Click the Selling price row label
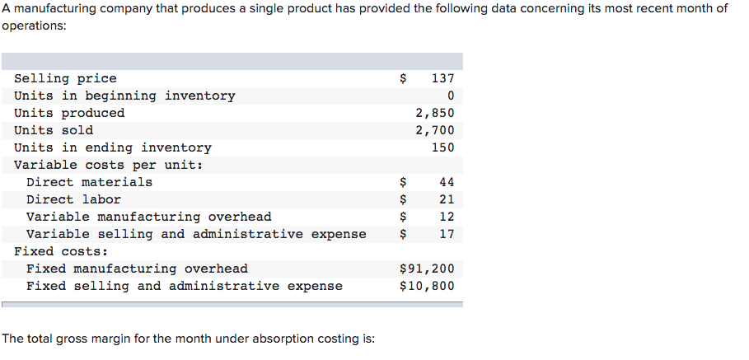(65, 78)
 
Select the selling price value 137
(442, 78)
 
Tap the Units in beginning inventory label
(124, 96)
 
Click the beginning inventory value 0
(450, 96)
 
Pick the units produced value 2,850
(434, 113)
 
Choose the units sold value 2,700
(434, 130)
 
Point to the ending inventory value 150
(442, 147)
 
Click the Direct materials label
(89, 182)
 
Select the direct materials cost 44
(447, 182)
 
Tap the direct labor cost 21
(447, 199)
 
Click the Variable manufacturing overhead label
(148, 217)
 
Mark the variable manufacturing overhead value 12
(447, 217)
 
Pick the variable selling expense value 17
(447, 234)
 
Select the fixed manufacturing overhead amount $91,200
(426, 269)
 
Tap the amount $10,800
(426, 286)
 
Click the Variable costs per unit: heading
(109, 165)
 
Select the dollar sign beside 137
(403, 78)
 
